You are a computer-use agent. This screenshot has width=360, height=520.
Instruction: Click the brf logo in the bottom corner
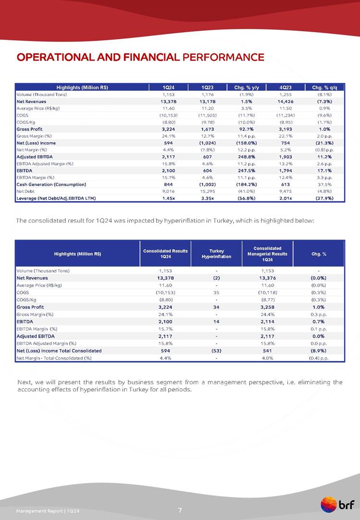pyautogui.click(x=338, y=505)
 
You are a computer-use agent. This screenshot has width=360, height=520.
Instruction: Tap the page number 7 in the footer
pyautogui.click(x=180, y=510)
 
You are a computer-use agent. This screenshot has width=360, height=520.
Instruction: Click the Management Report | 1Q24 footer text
pyautogui.click(x=47, y=510)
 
